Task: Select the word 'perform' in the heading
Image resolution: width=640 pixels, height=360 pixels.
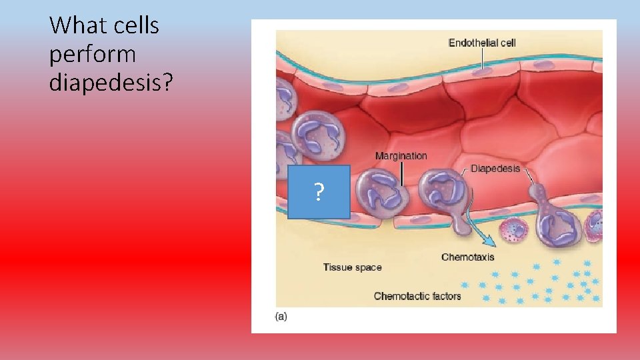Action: [93, 54]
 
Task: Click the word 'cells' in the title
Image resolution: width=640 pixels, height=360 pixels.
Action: [137, 26]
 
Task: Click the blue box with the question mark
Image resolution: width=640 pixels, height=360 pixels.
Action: [319, 192]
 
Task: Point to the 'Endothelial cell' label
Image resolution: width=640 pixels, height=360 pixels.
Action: [482, 43]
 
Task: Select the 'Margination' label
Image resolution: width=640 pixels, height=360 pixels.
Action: [401, 155]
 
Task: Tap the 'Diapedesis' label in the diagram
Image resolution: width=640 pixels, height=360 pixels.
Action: [495, 169]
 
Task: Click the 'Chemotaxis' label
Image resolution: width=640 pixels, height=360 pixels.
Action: [467, 257]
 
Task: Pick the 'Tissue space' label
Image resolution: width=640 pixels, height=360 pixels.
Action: [352, 267]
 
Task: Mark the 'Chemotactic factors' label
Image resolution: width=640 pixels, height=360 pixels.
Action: [417, 296]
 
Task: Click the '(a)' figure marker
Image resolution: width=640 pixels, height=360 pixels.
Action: [281, 317]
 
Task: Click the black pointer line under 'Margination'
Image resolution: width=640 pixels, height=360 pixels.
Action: [402, 173]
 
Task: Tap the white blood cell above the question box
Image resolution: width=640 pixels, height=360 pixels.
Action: [316, 134]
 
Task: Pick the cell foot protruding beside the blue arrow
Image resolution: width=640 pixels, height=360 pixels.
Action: [461, 224]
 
